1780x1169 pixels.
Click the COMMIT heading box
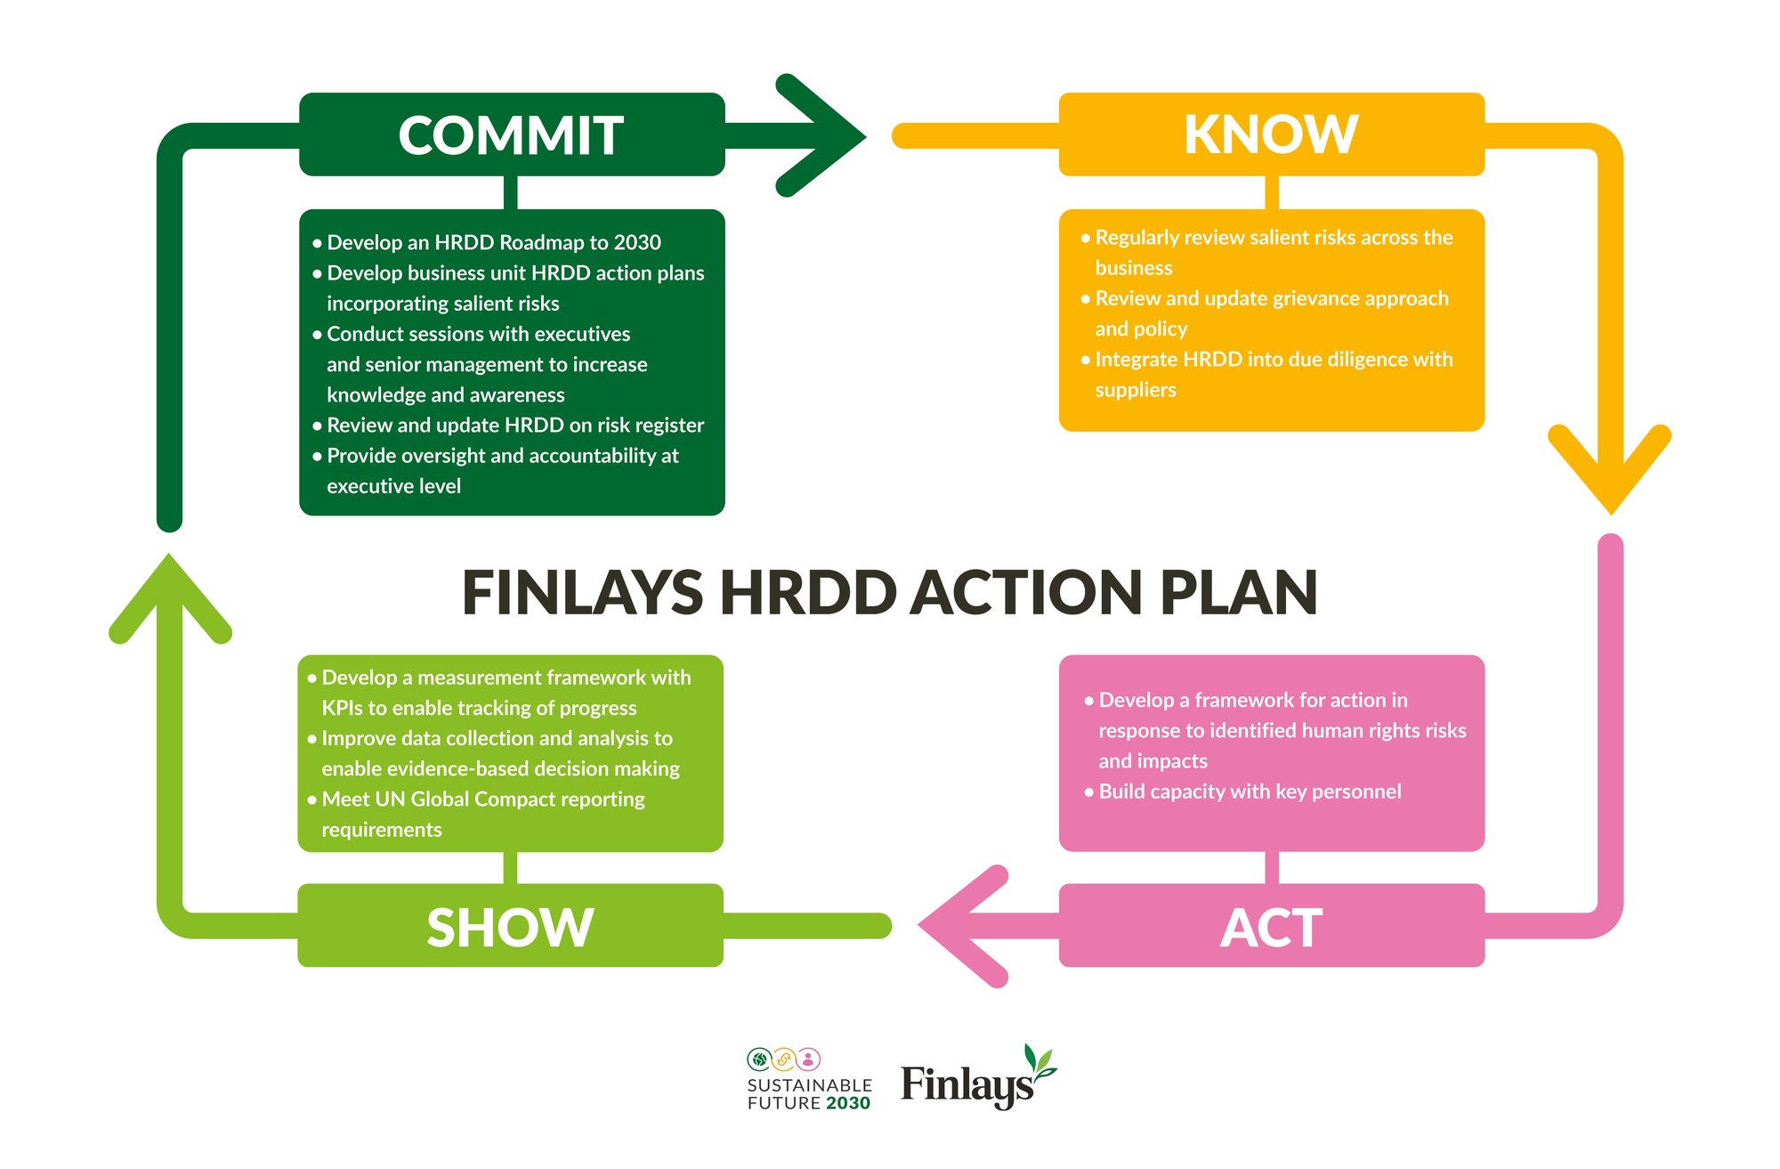pyautogui.click(x=512, y=134)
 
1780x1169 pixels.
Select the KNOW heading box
pyautogui.click(x=1272, y=134)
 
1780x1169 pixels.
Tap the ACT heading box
pyautogui.click(x=1272, y=925)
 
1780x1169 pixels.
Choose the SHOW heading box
pyautogui.click(x=510, y=925)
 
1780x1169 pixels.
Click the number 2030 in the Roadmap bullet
pyautogui.click(x=637, y=242)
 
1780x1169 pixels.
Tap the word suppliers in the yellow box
pyautogui.click(x=1136, y=390)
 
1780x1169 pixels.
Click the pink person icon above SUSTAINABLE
pyautogui.click(x=808, y=1059)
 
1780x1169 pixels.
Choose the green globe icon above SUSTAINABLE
pyautogui.click(x=759, y=1059)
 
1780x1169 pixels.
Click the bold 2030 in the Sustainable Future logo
pyautogui.click(x=847, y=1103)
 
